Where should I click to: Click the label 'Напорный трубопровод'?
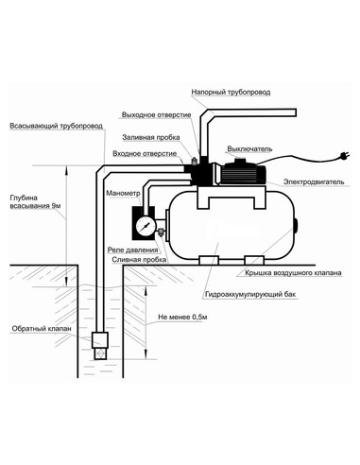click(231, 93)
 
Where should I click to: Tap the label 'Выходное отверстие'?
click(156, 115)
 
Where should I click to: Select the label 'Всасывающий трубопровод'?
click(56, 126)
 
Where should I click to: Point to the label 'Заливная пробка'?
click(151, 138)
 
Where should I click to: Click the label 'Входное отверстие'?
click(145, 154)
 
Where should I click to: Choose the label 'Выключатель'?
click(249, 149)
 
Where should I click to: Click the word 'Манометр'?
click(123, 193)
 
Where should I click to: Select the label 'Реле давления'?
click(132, 250)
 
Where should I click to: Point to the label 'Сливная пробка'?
click(139, 260)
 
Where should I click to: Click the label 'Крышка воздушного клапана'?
click(293, 273)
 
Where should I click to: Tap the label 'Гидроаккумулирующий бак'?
click(250, 295)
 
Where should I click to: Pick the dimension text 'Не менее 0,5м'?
click(182, 318)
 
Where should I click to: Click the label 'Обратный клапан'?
click(42, 329)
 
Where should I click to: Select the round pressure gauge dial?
click(146, 226)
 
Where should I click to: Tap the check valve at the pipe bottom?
click(100, 346)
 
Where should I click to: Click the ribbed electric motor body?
click(243, 174)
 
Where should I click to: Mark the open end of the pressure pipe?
click(295, 112)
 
